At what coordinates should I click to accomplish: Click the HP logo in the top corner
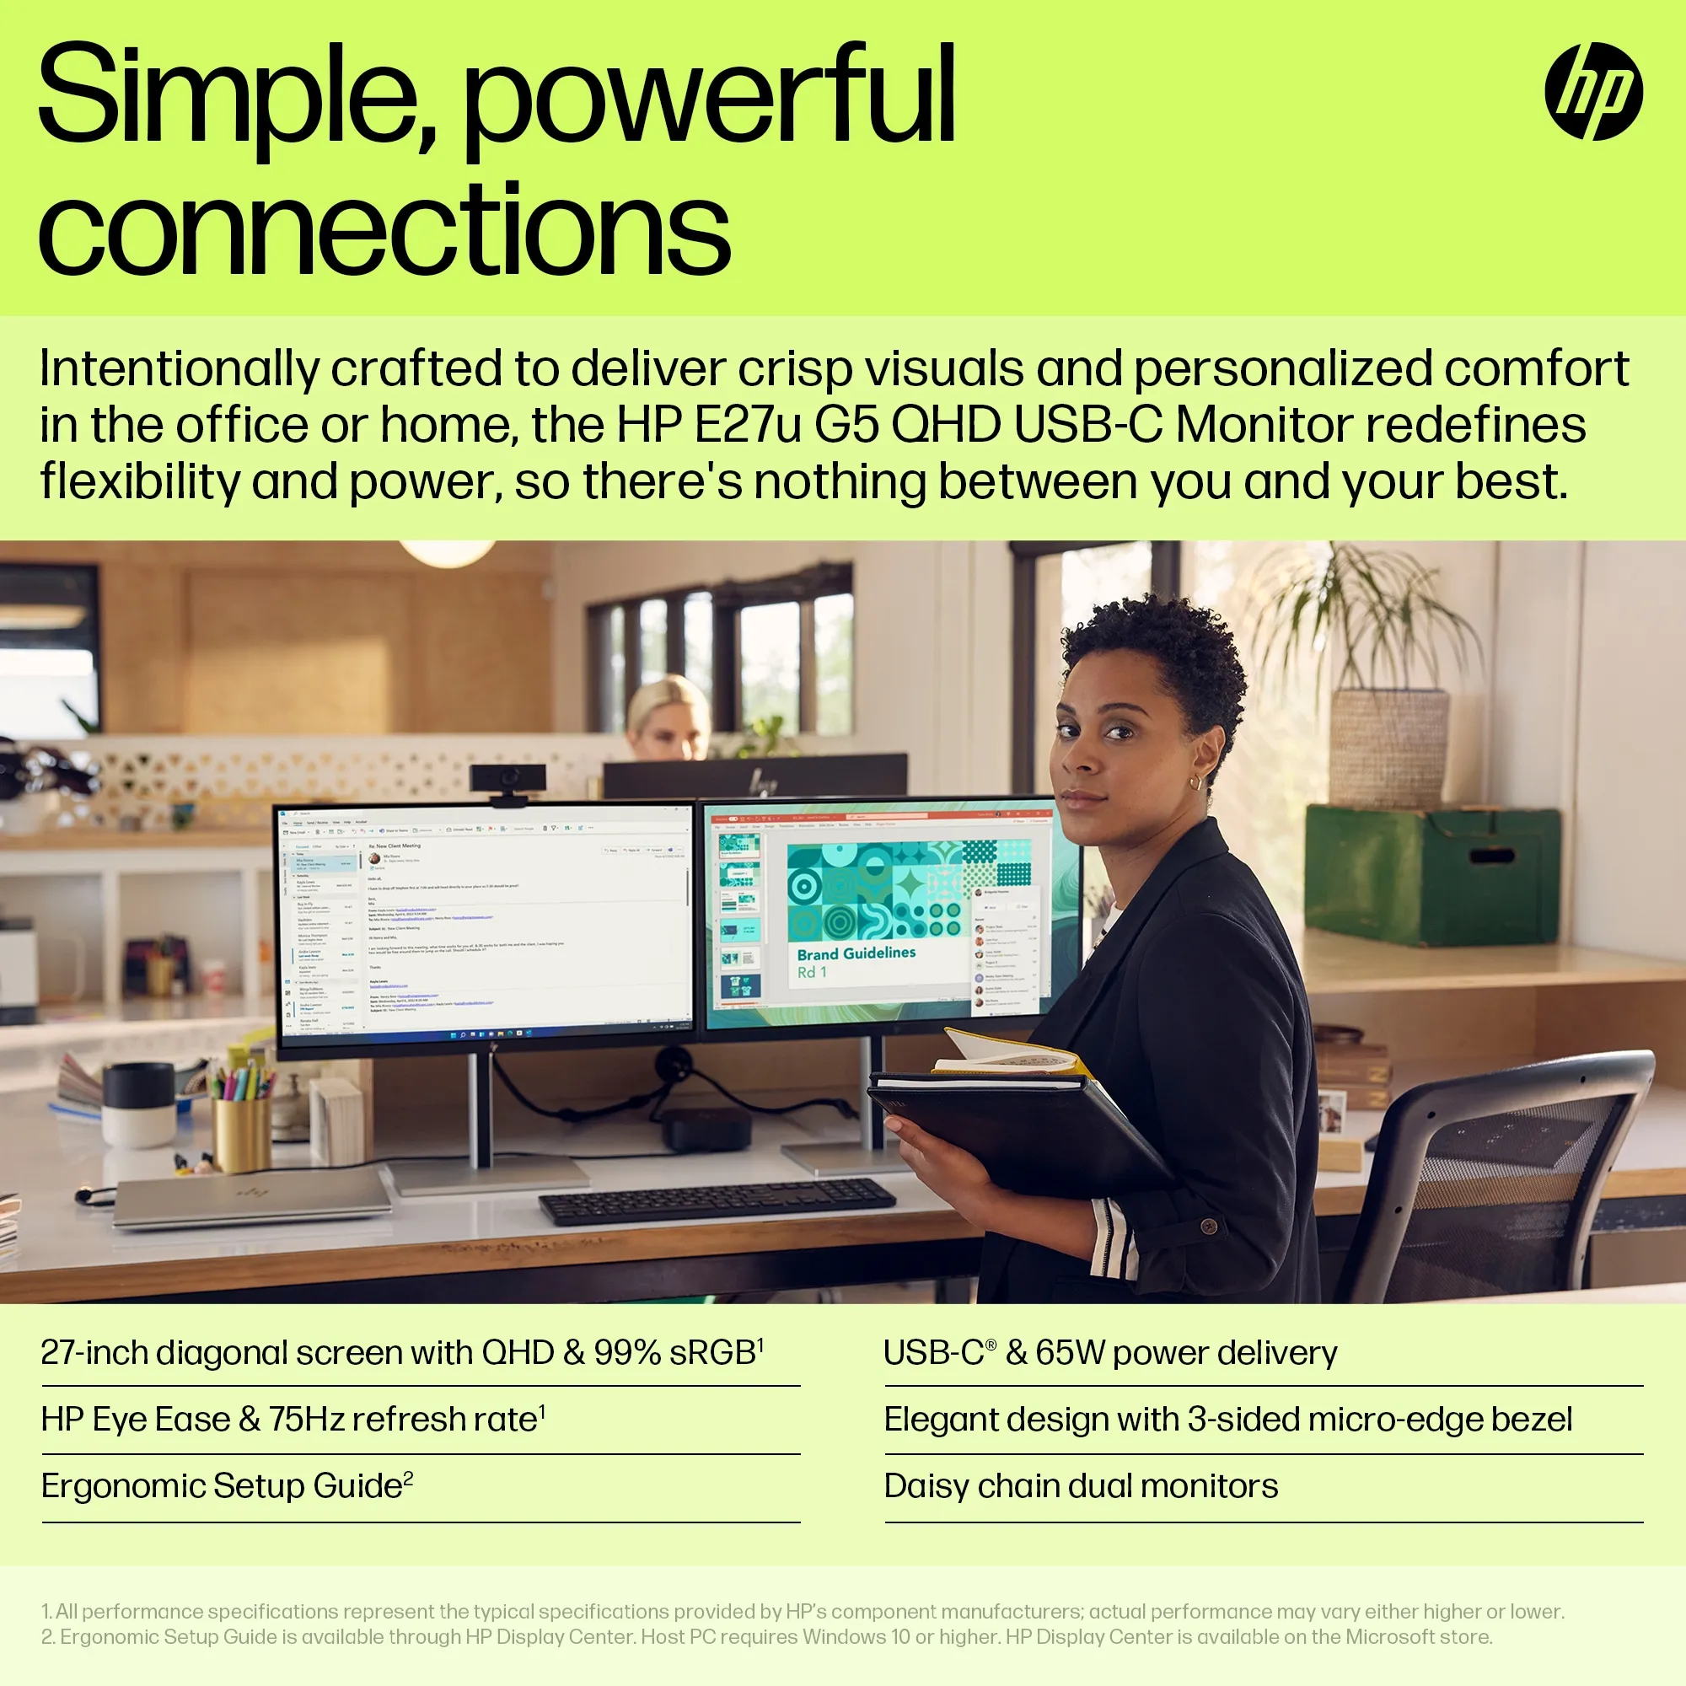pyautogui.click(x=1593, y=92)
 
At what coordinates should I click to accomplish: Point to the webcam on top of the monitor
pyautogui.click(x=507, y=779)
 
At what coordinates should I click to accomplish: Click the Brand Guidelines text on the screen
pyautogui.click(x=856, y=953)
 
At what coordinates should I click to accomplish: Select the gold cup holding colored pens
pyautogui.click(x=242, y=1133)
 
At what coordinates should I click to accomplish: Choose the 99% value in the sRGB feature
pyautogui.click(x=626, y=1353)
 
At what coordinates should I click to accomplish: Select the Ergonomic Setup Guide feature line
pyautogui.click(x=222, y=1486)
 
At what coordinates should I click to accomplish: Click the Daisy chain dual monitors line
pyautogui.click(x=1081, y=1486)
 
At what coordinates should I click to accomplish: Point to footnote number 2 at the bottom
pyautogui.click(x=48, y=1637)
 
